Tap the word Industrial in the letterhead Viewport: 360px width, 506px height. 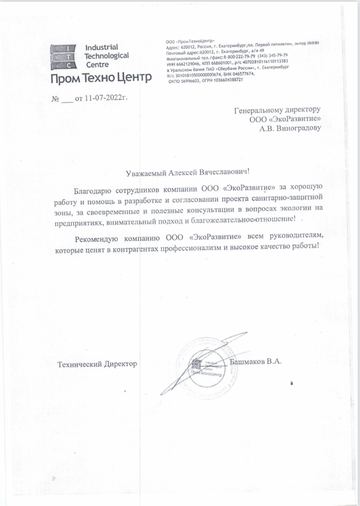point(102,47)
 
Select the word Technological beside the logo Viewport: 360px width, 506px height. point(108,55)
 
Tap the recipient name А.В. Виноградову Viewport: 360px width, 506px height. point(290,128)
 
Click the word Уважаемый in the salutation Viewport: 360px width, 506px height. point(142,173)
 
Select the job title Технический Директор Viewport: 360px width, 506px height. point(97,364)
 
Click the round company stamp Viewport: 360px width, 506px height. point(203,365)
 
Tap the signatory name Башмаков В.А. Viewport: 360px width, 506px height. point(257,362)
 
